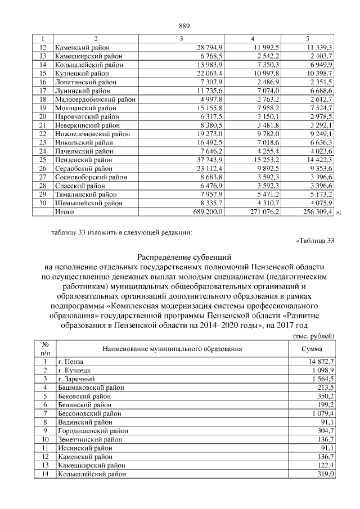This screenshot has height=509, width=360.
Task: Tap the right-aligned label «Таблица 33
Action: click(x=314, y=242)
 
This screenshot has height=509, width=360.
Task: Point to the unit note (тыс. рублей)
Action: click(x=314, y=336)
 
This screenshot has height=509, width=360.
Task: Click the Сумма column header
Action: click(x=312, y=349)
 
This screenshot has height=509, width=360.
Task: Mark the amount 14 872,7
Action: click(x=321, y=361)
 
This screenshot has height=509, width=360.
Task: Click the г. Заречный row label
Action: click(x=76, y=379)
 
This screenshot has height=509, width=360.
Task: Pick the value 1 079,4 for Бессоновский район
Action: click(x=322, y=413)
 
